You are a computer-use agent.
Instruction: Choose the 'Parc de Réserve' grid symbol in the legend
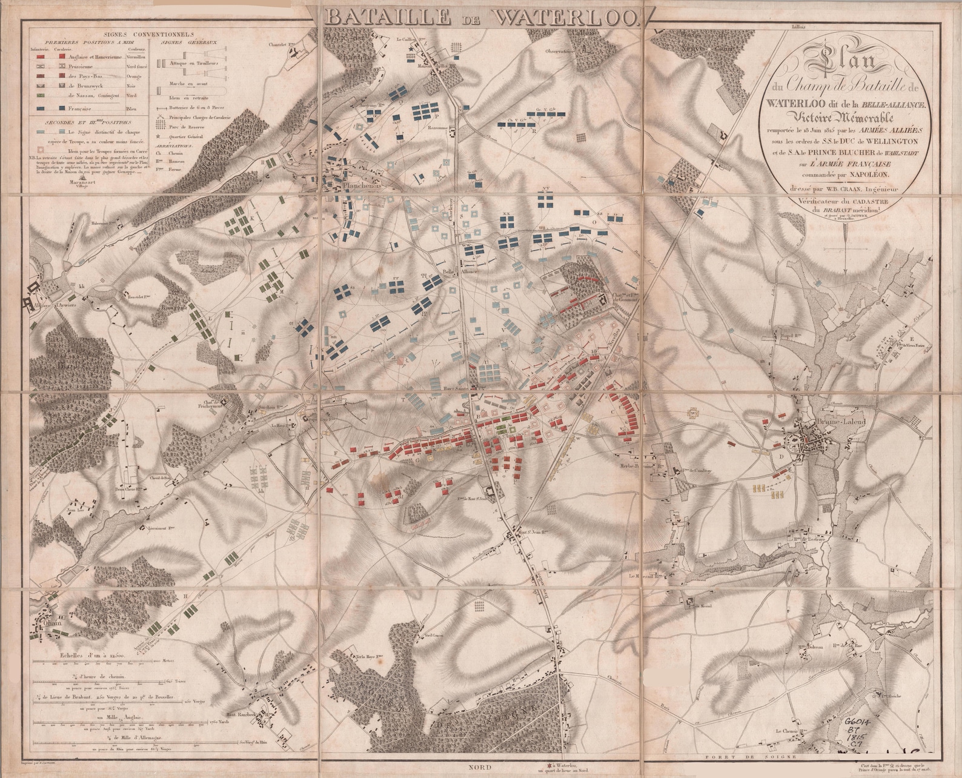(161, 128)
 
